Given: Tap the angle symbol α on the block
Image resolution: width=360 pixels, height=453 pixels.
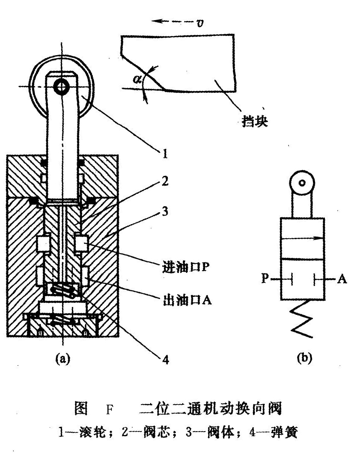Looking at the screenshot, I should pyautogui.click(x=137, y=79).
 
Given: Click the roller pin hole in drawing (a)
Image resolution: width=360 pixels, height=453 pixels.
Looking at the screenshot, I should pyautogui.click(x=61, y=87).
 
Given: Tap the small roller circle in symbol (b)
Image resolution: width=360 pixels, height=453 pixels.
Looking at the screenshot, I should pyautogui.click(x=303, y=183).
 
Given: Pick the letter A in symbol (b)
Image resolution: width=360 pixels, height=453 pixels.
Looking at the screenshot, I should pyautogui.click(x=342, y=279).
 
